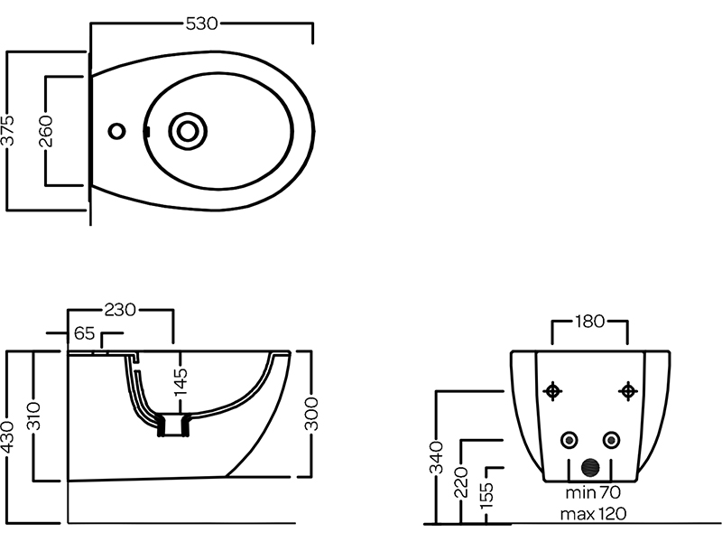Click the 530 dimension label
pyautogui.click(x=201, y=24)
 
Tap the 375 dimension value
pyautogui.click(x=8, y=132)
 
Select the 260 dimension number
pyautogui.click(x=48, y=131)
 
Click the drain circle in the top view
pyautogui.click(x=188, y=131)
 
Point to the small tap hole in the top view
pyautogui.click(x=116, y=131)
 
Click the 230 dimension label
pyautogui.click(x=120, y=310)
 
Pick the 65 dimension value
pyautogui.click(x=85, y=333)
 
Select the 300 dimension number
pyautogui.click(x=313, y=415)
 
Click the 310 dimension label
pyautogui.click(x=34, y=416)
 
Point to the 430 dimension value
pyautogui.click(x=8, y=437)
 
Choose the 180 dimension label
pyautogui.click(x=589, y=322)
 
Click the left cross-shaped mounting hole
pyautogui.click(x=553, y=391)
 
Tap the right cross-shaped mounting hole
pyautogui.click(x=627, y=391)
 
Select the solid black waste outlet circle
pyautogui.click(x=590, y=467)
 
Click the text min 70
pyautogui.click(x=591, y=494)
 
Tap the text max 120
pyautogui.click(x=593, y=514)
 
